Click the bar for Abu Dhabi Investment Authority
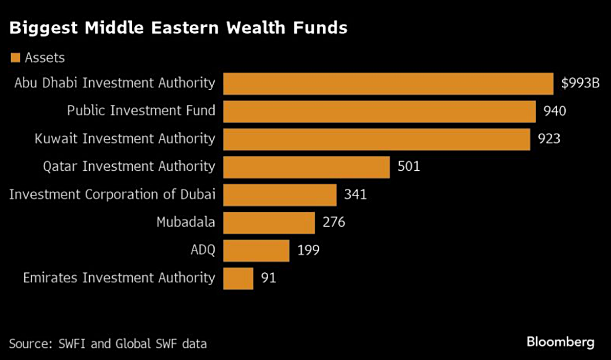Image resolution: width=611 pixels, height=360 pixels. pyautogui.click(x=388, y=84)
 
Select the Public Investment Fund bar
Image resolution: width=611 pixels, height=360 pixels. pyautogui.click(x=379, y=111)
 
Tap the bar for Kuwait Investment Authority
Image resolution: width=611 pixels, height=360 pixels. pyautogui.click(x=376, y=139)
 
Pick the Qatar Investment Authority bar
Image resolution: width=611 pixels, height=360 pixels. pyautogui.click(x=307, y=167)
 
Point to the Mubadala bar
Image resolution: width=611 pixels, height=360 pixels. pyautogui.click(x=269, y=223)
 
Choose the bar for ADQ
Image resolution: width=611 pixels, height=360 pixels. pyautogui.click(x=256, y=250)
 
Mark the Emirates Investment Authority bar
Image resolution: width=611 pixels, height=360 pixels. pyautogui.click(x=238, y=278)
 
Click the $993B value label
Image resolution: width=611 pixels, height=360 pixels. pyautogui.click(x=580, y=84)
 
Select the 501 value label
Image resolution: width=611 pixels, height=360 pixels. pyautogui.click(x=409, y=167)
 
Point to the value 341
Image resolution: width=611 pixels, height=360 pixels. pyautogui.click(x=355, y=195)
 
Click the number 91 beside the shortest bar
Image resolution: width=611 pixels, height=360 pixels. pyautogui.click(x=269, y=278)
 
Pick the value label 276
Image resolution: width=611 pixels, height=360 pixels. pyautogui.click(x=334, y=223)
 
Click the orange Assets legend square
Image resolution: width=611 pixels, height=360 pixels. pyautogui.click(x=15, y=57)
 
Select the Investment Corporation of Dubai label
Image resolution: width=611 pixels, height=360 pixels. pyautogui.click(x=112, y=195)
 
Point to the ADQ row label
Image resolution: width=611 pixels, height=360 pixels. pyautogui.click(x=203, y=250)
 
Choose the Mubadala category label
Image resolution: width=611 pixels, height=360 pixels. pyautogui.click(x=186, y=223)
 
